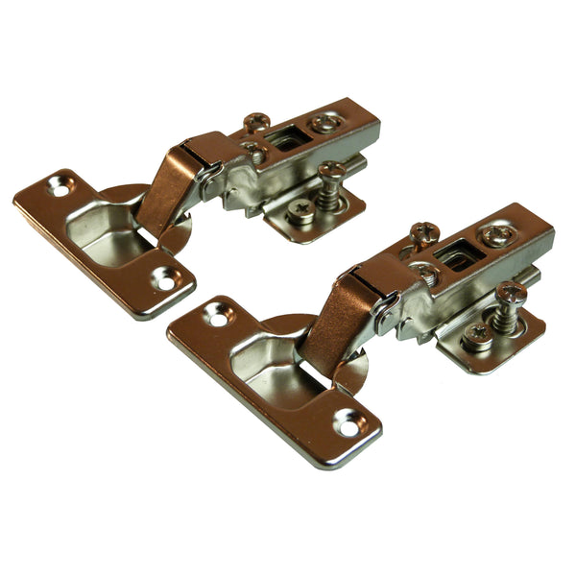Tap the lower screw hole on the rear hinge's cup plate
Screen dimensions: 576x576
point(164,280)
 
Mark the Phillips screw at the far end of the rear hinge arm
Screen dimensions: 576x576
point(324,124)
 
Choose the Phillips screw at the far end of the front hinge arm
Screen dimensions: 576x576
point(498,234)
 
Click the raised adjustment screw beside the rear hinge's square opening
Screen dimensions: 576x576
point(256,123)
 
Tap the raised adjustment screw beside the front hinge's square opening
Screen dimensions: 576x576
point(423,232)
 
